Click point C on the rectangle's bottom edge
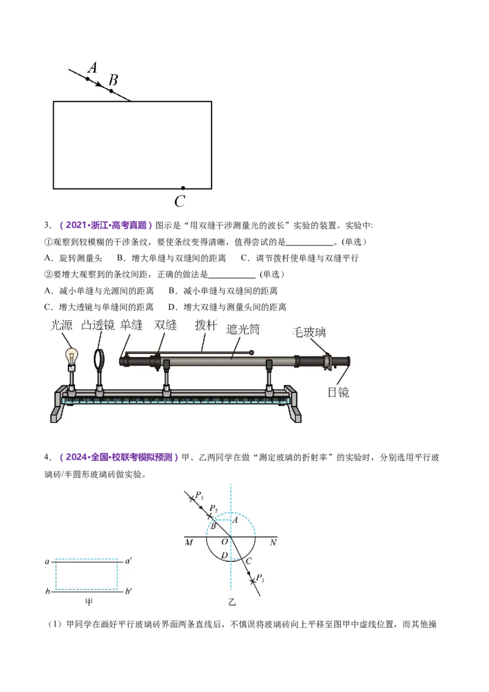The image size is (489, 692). pos(183,188)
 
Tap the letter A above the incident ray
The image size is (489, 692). pos(92,67)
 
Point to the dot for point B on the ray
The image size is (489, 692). pos(111,91)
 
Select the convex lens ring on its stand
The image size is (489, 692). pos(100,359)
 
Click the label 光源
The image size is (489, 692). pos(61,325)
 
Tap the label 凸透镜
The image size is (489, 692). pos(98,325)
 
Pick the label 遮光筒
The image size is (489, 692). pos(243,329)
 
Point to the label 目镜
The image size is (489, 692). pos(339,392)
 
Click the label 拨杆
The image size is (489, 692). pos(206,325)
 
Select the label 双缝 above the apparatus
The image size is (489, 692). pos(166,325)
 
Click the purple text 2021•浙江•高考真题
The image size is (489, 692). pos(106,225)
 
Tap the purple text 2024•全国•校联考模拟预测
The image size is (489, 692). pos(119,457)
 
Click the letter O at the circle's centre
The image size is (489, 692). pos(225,542)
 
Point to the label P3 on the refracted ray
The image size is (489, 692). pos(260,578)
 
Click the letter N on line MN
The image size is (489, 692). pos(273,542)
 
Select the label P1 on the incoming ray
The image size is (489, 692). pos(199,495)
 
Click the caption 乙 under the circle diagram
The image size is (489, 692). pos(232,602)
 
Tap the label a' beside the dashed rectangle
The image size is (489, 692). pos(128,561)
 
